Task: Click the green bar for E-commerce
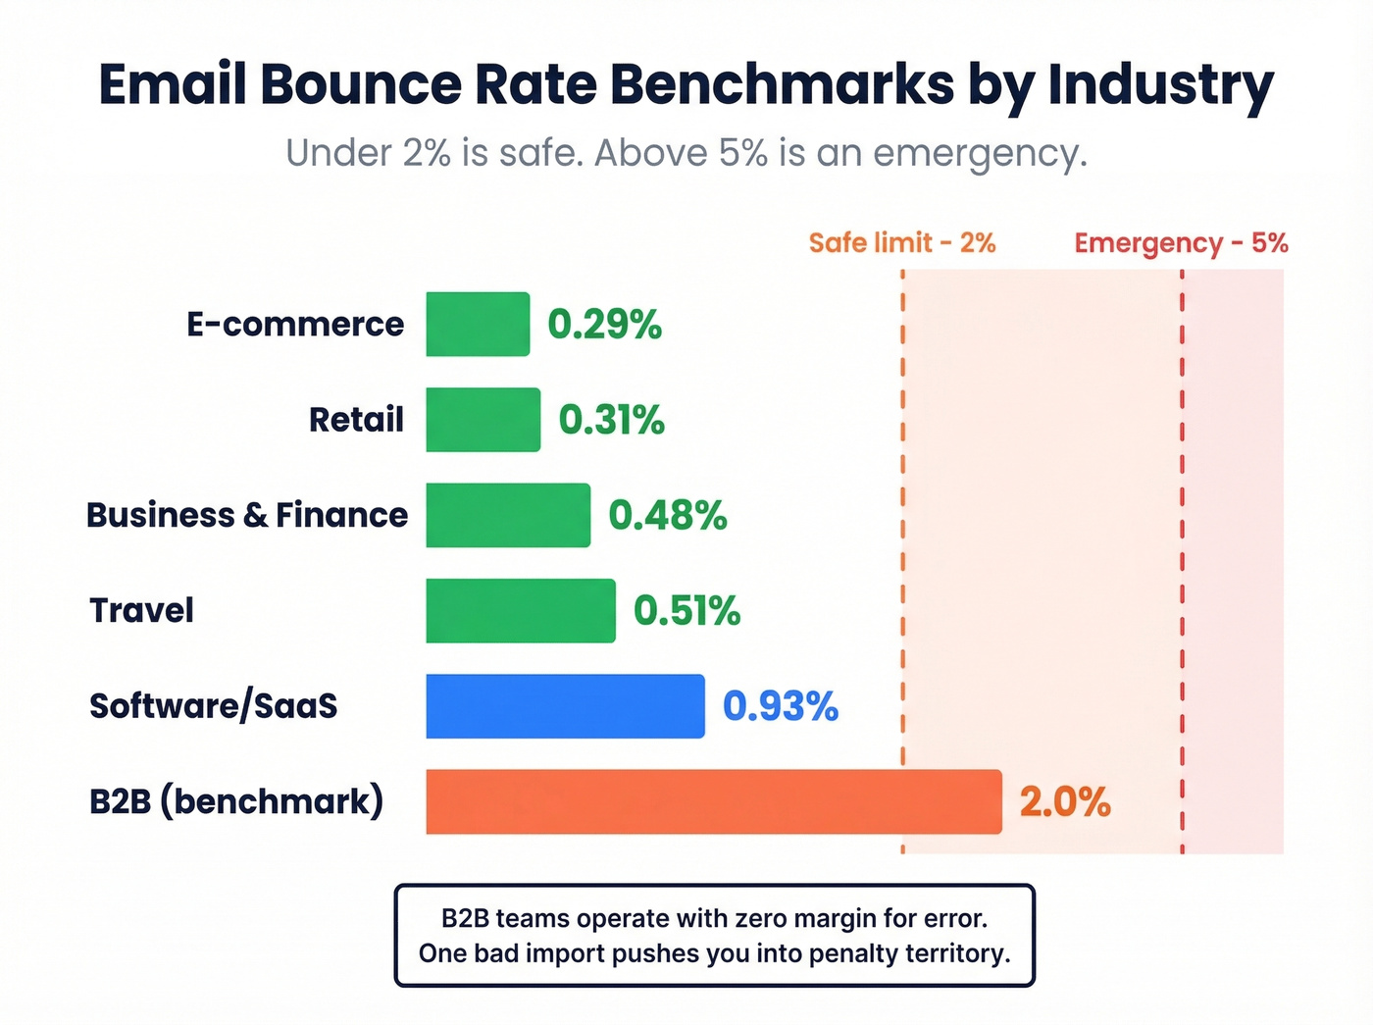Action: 478,324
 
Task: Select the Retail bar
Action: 483,420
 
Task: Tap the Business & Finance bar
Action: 508,515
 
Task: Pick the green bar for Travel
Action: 521,611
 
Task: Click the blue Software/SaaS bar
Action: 565,706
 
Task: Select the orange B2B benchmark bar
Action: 713,802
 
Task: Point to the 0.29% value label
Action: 604,325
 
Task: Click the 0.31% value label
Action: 611,420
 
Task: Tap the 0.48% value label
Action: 668,516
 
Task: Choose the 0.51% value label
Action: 686,611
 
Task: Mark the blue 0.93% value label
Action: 781,706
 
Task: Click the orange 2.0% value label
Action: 1065,802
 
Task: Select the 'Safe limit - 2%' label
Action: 901,242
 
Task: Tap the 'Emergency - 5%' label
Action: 1181,243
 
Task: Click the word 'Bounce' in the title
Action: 360,84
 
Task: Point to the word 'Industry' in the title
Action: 1160,86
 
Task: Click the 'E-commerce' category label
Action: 295,324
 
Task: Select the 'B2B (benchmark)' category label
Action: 236,801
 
